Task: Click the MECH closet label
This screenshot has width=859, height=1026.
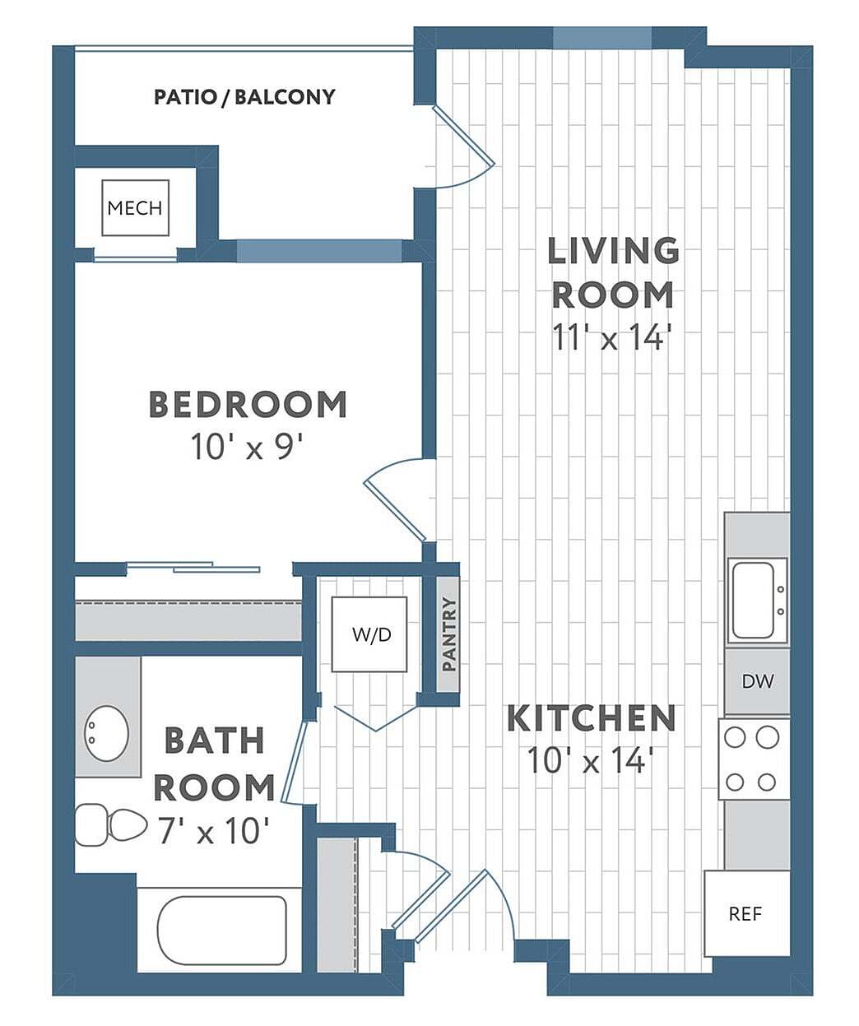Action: [135, 208]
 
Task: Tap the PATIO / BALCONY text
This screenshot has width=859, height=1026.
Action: [244, 97]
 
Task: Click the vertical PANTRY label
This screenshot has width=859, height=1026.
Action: [448, 634]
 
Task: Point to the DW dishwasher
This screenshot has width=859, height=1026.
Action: [757, 681]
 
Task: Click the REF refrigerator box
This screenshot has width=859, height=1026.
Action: [745, 913]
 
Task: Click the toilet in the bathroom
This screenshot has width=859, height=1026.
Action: [111, 824]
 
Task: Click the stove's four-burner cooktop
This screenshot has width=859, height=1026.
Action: [752, 759]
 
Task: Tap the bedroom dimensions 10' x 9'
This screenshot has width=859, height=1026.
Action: [248, 448]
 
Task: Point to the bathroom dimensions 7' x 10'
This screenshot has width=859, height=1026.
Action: [213, 832]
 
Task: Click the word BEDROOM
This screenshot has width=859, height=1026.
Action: [248, 405]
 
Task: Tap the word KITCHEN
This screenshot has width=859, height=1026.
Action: [591, 718]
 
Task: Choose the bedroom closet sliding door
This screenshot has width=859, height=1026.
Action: [194, 567]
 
